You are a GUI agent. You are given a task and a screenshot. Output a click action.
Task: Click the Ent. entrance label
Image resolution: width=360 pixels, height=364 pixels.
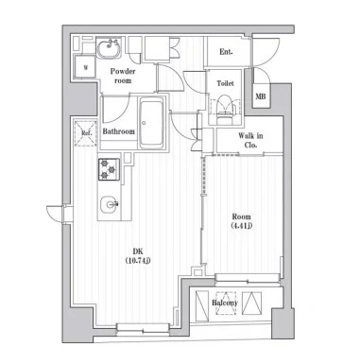click(226, 52)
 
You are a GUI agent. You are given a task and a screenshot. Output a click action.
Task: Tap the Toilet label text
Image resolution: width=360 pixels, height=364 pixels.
click(225, 83)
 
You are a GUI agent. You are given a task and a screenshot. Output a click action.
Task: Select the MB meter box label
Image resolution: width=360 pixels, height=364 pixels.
click(261, 96)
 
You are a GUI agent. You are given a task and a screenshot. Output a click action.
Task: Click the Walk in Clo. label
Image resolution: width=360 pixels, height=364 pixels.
click(250, 140)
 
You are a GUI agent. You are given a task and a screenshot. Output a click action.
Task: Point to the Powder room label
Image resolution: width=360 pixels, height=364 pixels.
click(123, 76)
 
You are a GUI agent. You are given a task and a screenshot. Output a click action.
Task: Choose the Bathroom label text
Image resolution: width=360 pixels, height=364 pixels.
click(119, 131)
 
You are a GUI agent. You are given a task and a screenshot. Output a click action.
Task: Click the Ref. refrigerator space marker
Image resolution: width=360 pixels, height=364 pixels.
click(86, 132)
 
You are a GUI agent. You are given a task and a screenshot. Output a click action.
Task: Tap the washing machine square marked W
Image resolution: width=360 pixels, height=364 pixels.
click(85, 67)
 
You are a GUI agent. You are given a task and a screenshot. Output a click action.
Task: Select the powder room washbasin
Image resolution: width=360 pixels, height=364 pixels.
click(109, 48)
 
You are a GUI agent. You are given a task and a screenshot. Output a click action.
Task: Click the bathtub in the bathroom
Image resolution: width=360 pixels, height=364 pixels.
click(152, 123)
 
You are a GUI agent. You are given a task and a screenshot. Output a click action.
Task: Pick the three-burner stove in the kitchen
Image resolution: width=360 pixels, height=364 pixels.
click(110, 169)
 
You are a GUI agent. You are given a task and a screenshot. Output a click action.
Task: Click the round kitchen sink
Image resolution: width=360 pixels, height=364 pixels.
click(110, 205)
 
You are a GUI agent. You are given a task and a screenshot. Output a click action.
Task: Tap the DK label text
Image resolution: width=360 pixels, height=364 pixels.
click(138, 251)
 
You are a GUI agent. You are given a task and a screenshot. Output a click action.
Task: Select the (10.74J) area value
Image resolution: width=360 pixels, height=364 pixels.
click(138, 260)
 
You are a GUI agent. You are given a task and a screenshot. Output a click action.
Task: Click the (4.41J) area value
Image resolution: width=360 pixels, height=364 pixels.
click(242, 226)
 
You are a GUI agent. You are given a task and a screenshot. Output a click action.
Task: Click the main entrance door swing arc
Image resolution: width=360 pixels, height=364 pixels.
click(266, 52)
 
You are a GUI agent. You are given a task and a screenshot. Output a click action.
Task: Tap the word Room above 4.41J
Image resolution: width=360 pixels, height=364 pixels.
click(242, 217)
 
